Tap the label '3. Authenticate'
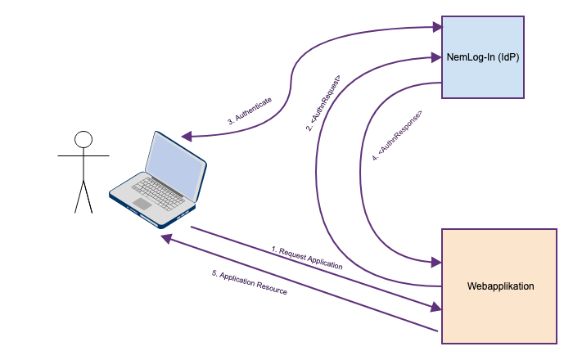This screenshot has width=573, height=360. point(250,110)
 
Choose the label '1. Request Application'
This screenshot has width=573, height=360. point(307,256)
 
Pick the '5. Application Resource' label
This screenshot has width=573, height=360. point(250,282)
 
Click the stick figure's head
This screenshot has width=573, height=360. point(83,140)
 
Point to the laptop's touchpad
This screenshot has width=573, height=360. point(142,203)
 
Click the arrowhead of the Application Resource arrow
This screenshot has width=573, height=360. point(165,238)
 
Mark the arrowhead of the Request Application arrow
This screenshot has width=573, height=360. point(435,307)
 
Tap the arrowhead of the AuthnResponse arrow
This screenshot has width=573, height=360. point(435,263)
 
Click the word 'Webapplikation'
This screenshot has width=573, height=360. point(500,286)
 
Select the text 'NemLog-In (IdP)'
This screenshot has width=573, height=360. point(482,57)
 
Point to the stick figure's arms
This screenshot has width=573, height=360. point(83,154)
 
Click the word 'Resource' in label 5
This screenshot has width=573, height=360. point(269,287)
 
